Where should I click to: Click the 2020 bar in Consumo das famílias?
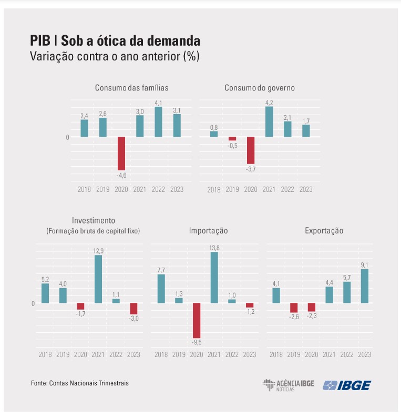tap(121, 153)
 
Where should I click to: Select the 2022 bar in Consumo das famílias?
tap(158, 122)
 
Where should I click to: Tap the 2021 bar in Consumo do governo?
tap(269, 121)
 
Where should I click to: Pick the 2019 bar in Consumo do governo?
tap(232, 139)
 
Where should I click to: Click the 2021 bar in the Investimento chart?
tap(98, 279)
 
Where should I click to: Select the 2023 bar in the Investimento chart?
tap(133, 309)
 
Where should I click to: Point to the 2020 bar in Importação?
tap(197, 320)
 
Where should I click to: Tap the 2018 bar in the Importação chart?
tap(161, 289)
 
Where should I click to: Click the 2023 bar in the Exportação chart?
tap(364, 286)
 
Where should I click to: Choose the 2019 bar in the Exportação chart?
tap(294, 308)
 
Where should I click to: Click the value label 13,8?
tap(214, 247)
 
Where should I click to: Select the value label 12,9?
tap(98, 250)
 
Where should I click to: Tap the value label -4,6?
tap(121, 175)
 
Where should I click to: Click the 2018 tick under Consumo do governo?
tap(214, 190)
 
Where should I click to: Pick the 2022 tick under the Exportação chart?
tap(347, 354)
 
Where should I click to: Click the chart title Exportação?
tap(324, 231)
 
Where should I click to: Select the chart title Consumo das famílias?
tap(131, 88)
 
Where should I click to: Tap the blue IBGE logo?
tap(347, 385)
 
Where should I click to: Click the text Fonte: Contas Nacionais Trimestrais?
tap(80, 383)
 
